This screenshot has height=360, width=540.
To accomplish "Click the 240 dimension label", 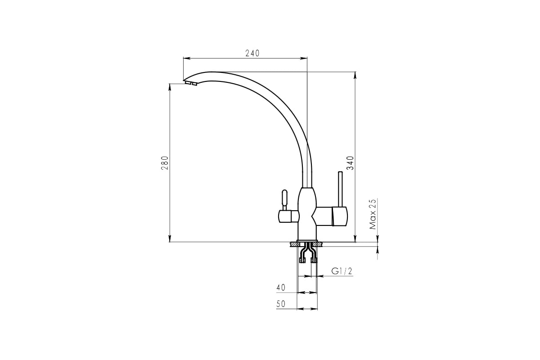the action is [252, 53].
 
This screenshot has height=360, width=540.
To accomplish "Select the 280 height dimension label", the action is [165, 163].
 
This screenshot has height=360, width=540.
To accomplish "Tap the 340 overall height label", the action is [350, 163].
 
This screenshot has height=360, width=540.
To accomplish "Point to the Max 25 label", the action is [373, 214].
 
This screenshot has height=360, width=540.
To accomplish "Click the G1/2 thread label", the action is [342, 271].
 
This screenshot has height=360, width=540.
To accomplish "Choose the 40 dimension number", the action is [281, 288].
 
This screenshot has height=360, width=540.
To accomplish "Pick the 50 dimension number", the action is [281, 304].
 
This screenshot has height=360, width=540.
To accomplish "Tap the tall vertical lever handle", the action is [340, 189].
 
